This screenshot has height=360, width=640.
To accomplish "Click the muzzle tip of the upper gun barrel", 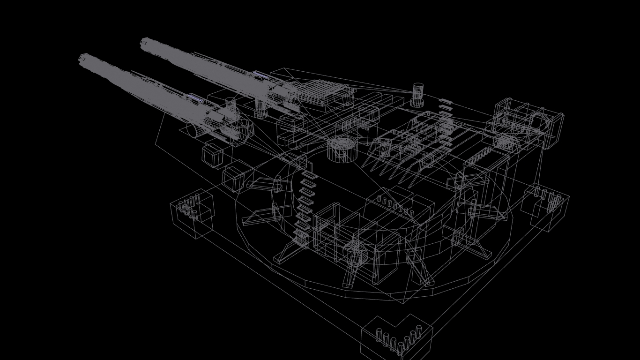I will (x=145, y=43).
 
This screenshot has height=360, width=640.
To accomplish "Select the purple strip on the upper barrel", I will (x=261, y=75).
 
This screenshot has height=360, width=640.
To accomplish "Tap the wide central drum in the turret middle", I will (x=342, y=149).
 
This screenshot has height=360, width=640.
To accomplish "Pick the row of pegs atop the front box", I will (x=396, y=206).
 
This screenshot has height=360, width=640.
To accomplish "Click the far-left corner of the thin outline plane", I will (x=156, y=144).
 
